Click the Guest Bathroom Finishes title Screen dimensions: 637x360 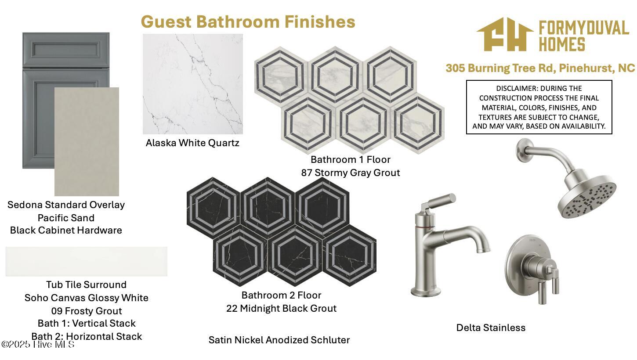248,22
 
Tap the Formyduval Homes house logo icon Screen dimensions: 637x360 505,34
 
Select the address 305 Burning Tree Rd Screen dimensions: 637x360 500,68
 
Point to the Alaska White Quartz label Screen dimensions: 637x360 192,143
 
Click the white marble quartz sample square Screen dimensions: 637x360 193,84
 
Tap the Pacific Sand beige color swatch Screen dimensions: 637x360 87,141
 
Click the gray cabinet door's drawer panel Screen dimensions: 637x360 66,50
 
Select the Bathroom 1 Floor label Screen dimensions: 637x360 351,160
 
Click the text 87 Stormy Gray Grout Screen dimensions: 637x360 351,173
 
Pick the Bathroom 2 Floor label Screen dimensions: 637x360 281,295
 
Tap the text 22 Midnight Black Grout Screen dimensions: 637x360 281,308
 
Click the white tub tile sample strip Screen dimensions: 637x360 87,261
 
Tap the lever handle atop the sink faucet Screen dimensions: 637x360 441,201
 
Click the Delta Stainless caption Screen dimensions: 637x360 491,328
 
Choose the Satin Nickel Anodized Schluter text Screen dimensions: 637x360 279,340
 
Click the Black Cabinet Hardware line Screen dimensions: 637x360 66,230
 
